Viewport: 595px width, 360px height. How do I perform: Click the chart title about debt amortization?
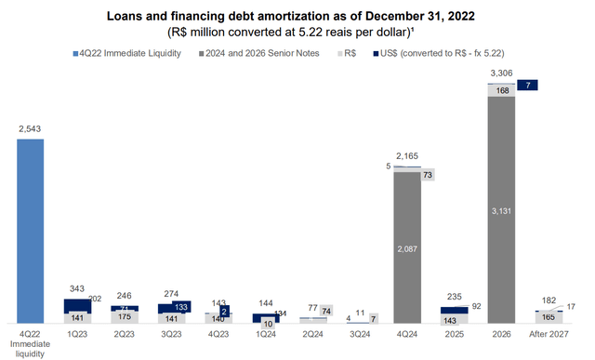point(297,17)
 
